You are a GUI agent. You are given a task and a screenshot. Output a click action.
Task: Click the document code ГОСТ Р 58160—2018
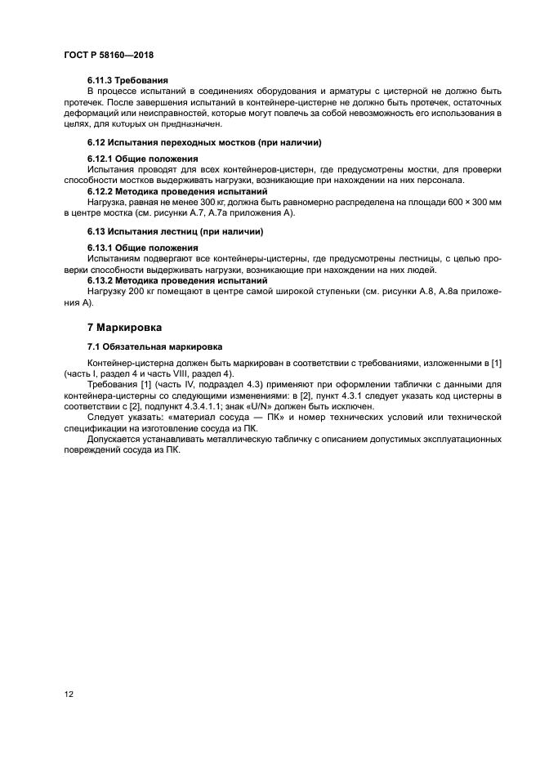(109, 55)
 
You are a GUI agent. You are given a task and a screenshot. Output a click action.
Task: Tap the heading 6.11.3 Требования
(127, 80)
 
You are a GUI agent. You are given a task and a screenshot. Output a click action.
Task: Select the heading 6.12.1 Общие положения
(143, 158)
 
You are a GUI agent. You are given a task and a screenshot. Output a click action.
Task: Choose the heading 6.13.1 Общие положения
(143, 247)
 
